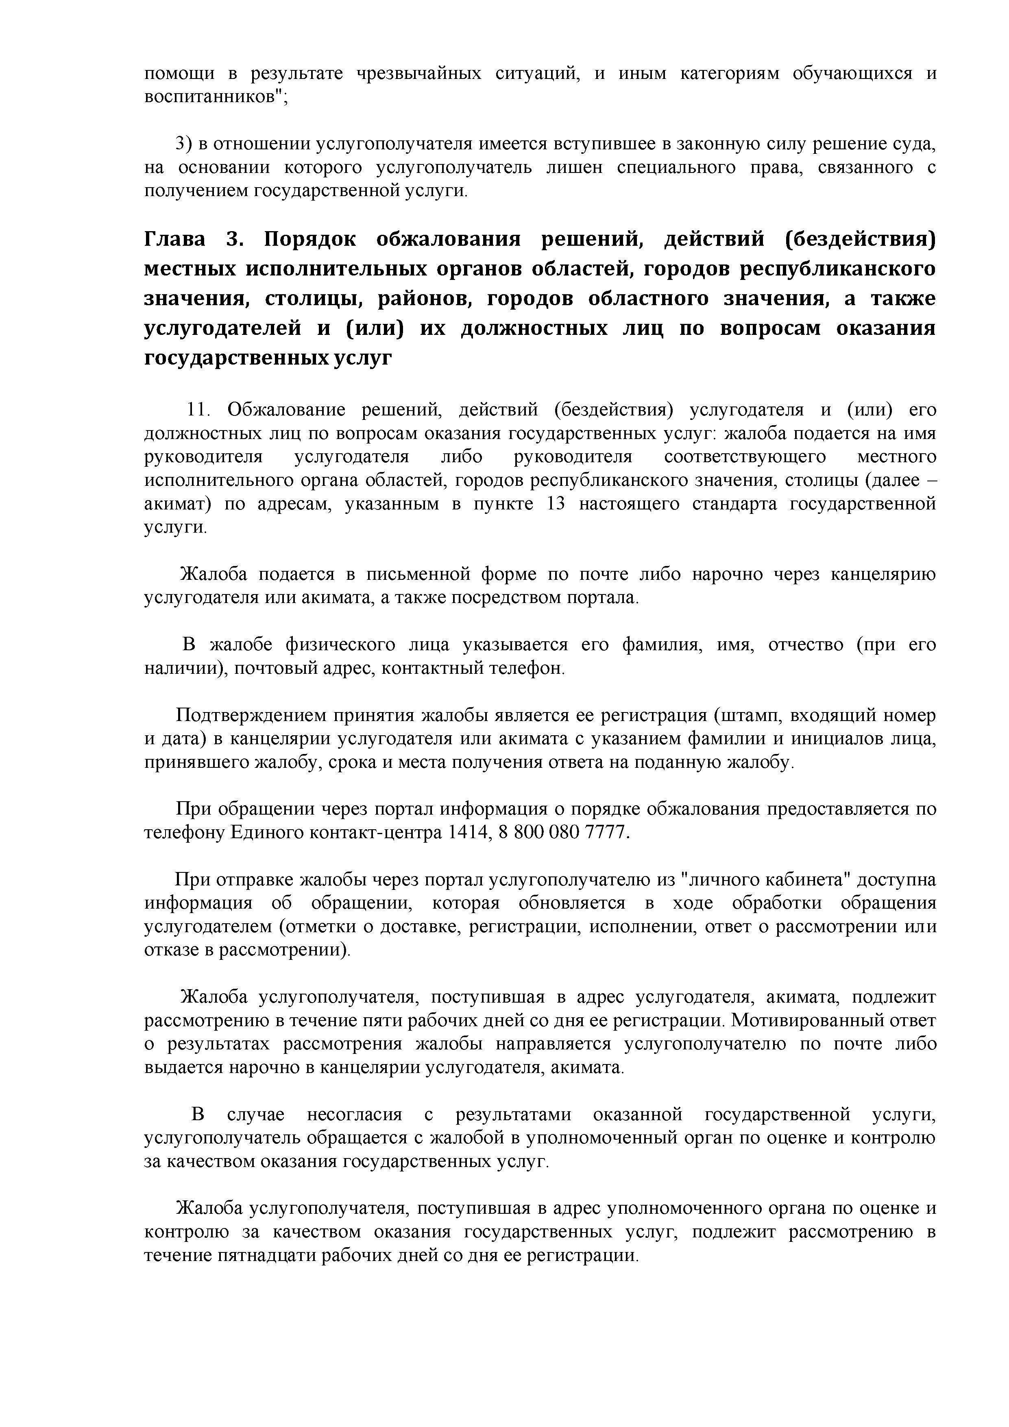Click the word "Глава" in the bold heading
174,239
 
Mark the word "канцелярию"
882,574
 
